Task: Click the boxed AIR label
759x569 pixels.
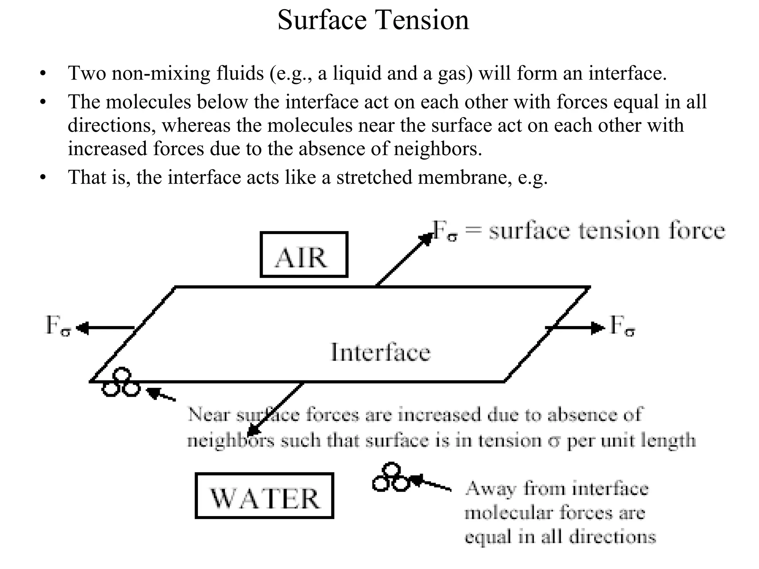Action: point(304,254)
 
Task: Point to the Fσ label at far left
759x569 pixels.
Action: point(58,326)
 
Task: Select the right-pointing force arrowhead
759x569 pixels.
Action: point(597,327)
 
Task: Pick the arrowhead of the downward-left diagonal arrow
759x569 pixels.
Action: point(252,431)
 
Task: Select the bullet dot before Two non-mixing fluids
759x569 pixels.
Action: point(43,73)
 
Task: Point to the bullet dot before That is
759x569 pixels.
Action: point(43,177)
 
